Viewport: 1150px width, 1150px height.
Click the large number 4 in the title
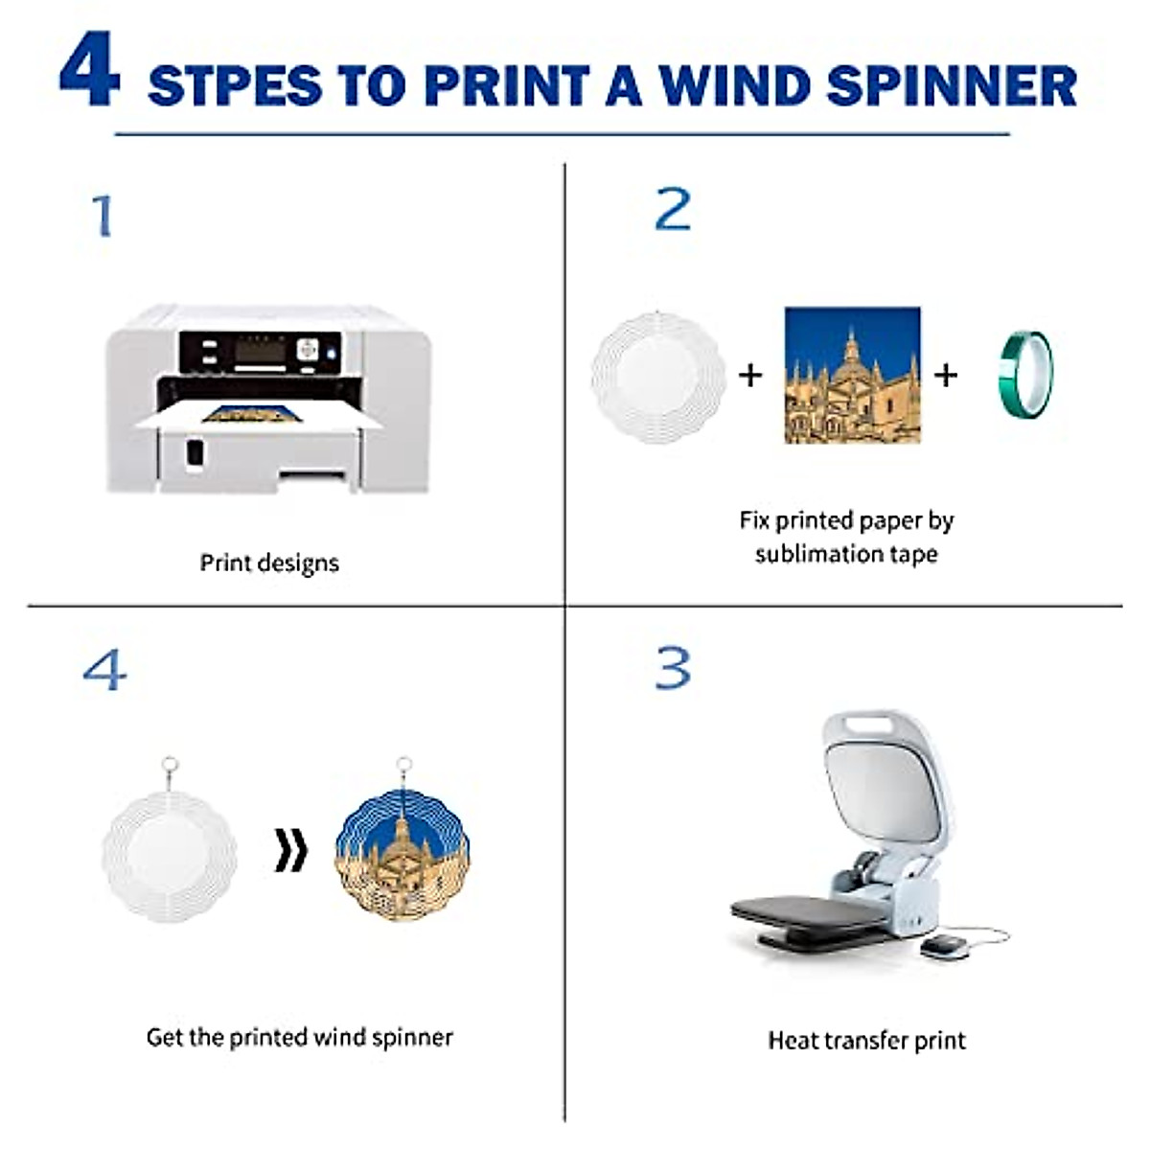tap(89, 70)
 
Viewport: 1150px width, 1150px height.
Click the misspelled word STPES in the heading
tap(235, 85)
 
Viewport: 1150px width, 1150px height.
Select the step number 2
tap(673, 209)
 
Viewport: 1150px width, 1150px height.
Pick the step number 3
tap(673, 668)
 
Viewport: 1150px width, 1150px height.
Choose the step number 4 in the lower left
tap(104, 669)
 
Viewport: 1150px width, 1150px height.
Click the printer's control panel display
tap(260, 352)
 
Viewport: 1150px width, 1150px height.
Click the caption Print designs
tap(269, 563)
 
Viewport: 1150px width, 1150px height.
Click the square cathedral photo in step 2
tap(852, 375)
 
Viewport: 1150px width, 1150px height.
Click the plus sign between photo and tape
tap(945, 374)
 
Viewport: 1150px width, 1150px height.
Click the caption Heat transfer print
tap(866, 1041)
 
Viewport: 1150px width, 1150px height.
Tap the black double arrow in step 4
tap(291, 851)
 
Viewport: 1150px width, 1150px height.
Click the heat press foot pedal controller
tap(939, 945)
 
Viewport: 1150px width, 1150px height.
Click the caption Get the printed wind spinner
tap(299, 1037)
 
